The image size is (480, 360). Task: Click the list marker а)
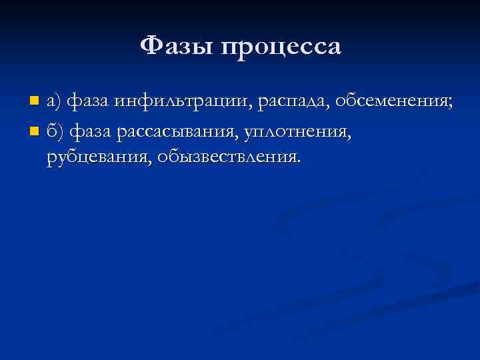(x=54, y=102)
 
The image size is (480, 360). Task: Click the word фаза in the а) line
(x=89, y=102)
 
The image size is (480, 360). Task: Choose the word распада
(x=292, y=102)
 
